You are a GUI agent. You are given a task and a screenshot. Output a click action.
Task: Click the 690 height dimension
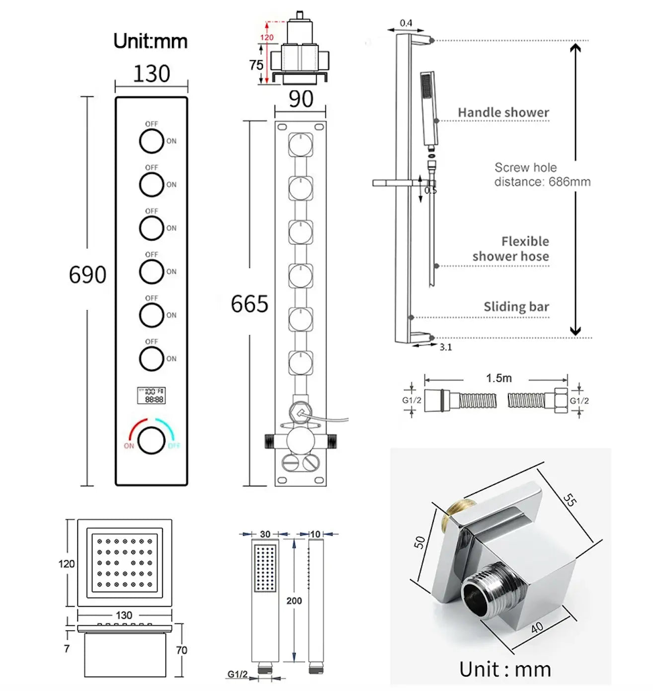[x=87, y=274]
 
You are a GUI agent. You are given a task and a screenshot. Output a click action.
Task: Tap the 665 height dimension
[x=249, y=304]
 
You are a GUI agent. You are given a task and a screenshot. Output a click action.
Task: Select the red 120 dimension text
[x=267, y=37]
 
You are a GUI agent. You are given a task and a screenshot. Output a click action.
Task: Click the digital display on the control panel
[x=151, y=395]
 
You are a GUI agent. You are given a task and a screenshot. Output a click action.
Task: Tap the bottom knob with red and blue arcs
[x=152, y=440]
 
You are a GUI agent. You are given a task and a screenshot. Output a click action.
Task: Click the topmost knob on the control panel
[x=152, y=141]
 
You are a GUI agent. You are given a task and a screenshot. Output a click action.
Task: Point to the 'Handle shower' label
[x=503, y=112]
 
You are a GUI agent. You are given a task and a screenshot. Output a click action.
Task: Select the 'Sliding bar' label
[x=516, y=307]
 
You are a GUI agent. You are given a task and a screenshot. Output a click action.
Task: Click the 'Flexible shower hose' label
[x=511, y=249]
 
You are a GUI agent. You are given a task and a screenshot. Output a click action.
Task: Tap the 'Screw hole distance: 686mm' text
[x=542, y=174]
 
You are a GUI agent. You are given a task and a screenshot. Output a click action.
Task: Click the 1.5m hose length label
[x=498, y=378]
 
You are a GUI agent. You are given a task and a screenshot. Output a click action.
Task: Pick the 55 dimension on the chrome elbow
[x=570, y=500]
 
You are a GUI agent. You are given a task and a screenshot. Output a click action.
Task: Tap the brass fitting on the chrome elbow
[x=453, y=516]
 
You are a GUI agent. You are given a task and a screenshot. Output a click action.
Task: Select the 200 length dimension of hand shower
[x=294, y=601]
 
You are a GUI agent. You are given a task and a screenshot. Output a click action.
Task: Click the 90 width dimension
[x=301, y=99]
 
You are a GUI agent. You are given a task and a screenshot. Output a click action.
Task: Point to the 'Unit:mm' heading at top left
[x=150, y=41]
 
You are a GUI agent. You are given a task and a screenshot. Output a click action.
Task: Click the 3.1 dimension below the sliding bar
[x=446, y=347]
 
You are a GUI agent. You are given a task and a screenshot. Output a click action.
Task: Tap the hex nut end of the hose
[x=560, y=400]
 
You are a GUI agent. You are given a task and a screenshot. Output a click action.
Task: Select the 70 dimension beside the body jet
[x=181, y=650]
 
